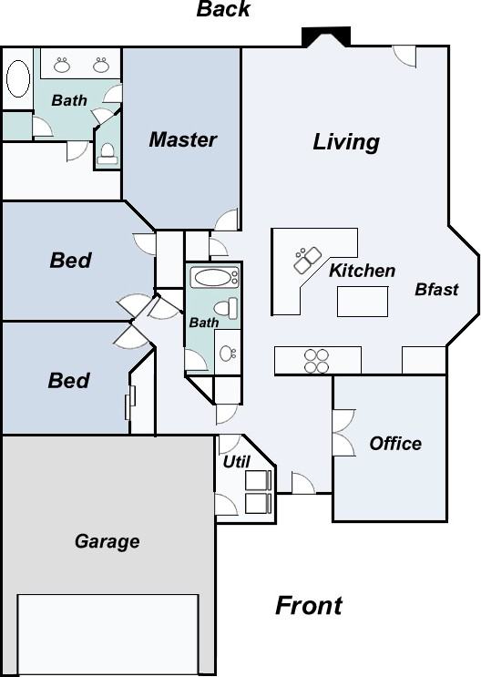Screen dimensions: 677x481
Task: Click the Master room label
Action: click(182, 140)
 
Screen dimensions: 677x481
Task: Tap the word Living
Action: click(346, 142)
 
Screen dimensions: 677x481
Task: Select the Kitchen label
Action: click(362, 271)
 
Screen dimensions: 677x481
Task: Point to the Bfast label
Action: click(436, 290)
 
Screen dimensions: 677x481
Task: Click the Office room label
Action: click(395, 444)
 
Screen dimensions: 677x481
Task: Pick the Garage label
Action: click(107, 541)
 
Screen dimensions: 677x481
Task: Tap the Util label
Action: click(236, 462)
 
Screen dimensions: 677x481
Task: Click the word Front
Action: click(309, 605)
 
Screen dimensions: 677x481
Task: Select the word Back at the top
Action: click(223, 10)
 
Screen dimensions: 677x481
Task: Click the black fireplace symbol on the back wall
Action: click(326, 36)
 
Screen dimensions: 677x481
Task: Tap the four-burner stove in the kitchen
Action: click(316, 361)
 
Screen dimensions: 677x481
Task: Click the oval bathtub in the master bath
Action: click(17, 79)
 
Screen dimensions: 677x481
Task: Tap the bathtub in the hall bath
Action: click(212, 277)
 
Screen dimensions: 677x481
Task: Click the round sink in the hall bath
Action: click(227, 353)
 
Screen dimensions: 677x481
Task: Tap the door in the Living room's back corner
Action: click(404, 56)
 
